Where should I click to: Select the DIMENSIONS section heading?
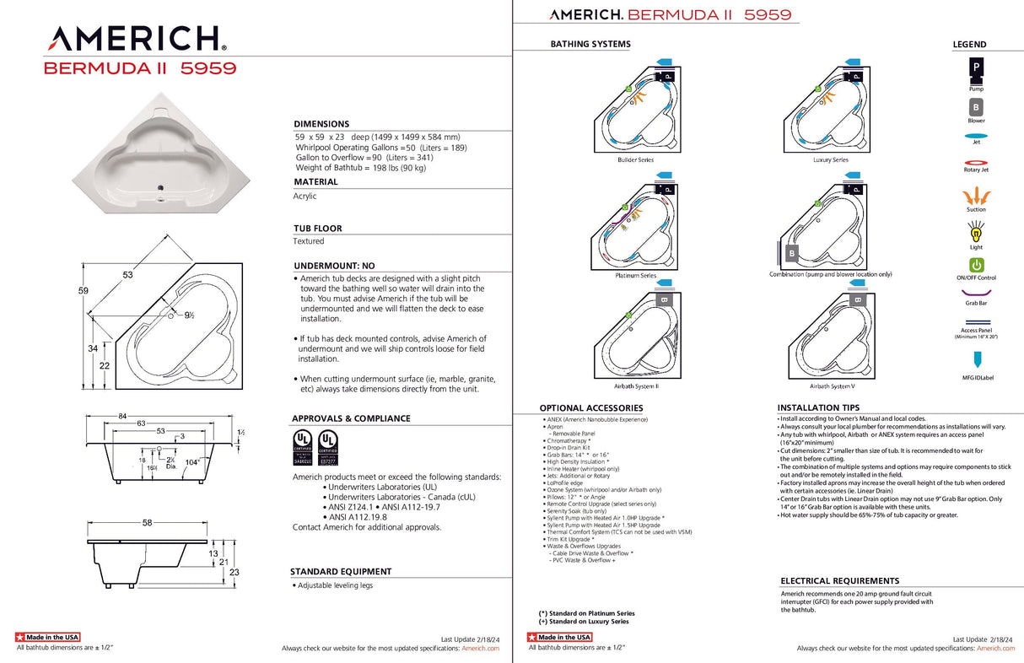tap(321, 124)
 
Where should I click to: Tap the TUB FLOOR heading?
tap(317, 229)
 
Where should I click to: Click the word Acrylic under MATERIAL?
tap(305, 196)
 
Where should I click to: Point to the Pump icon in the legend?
tap(976, 67)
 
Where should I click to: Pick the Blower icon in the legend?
tap(976, 108)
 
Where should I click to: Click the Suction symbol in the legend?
tap(976, 194)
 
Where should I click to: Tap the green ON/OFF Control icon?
tap(976, 265)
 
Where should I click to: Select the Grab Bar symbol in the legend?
tap(976, 291)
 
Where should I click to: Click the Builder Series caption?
tap(635, 159)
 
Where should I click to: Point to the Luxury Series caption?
tap(830, 159)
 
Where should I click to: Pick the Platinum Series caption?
tap(636, 275)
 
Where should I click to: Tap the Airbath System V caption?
tap(832, 385)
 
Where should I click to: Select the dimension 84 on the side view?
tap(122, 415)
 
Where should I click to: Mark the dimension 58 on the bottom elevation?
tap(147, 524)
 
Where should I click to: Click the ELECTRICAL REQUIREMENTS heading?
tap(839, 581)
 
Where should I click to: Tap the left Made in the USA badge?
tap(48, 637)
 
